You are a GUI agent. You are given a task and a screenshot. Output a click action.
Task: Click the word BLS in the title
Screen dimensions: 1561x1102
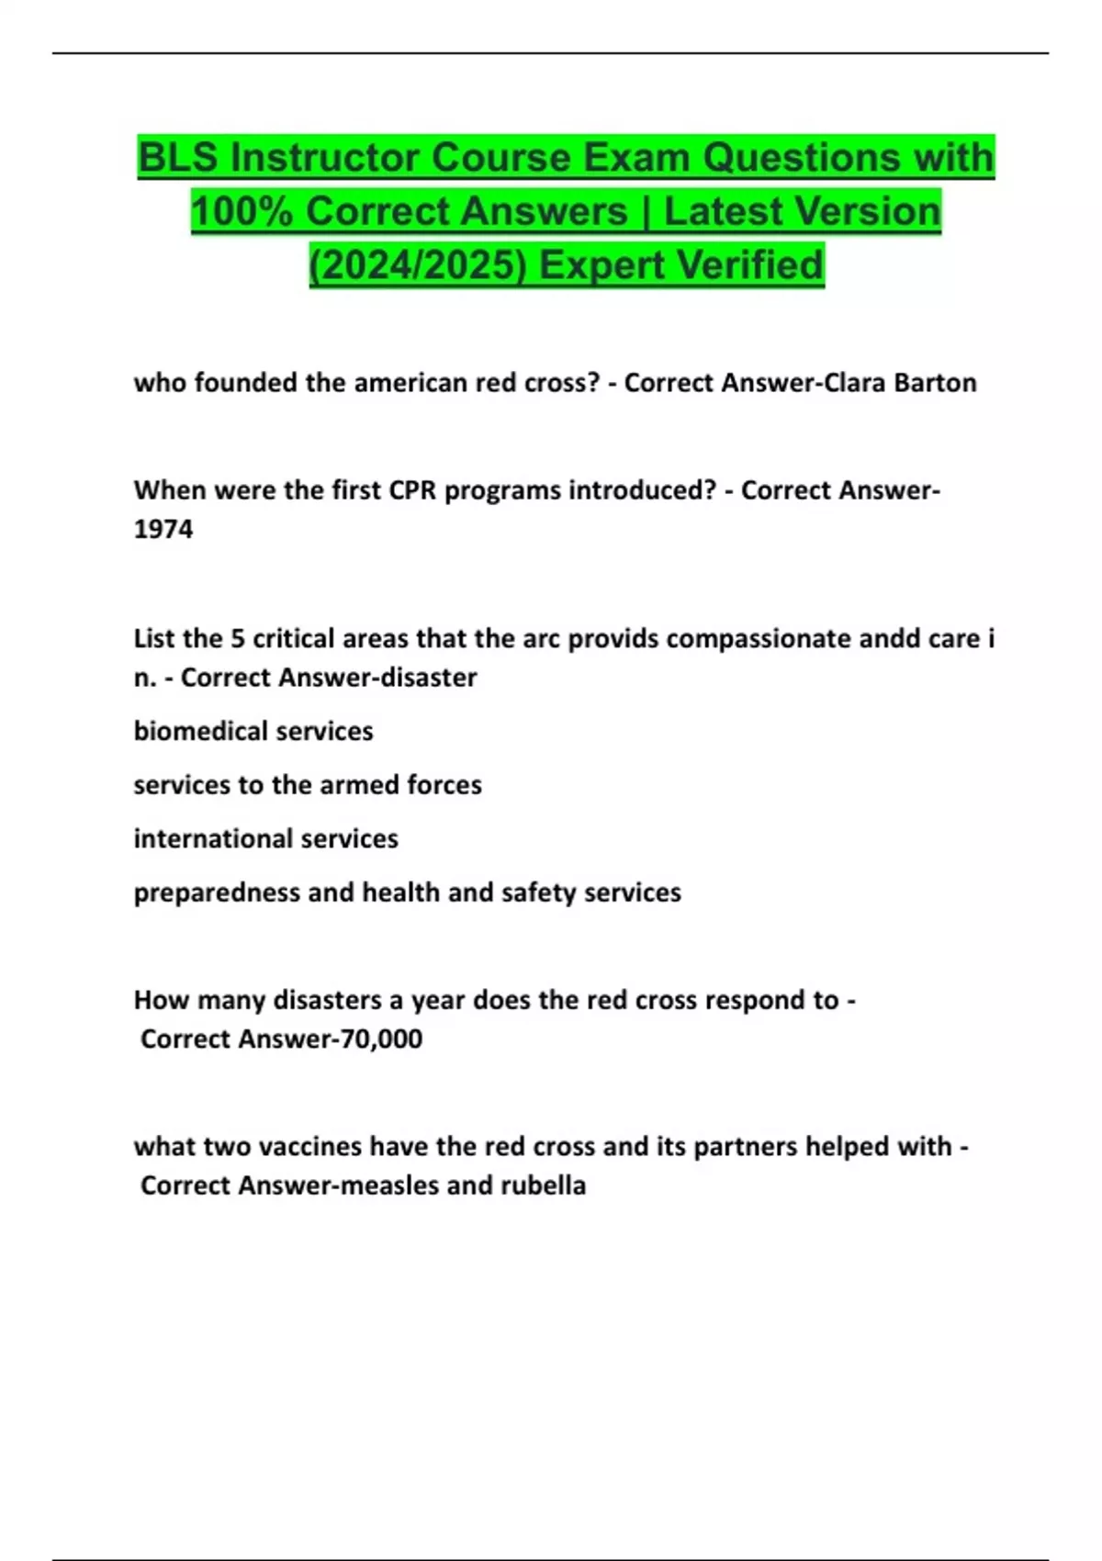(177, 158)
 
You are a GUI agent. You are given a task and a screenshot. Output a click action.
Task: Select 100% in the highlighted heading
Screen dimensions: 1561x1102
(241, 211)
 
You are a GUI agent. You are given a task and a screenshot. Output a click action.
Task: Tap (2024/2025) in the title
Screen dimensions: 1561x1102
(417, 265)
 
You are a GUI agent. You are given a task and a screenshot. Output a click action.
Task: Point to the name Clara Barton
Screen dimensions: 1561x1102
(900, 383)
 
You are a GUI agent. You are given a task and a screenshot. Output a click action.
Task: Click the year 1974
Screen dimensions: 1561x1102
(163, 530)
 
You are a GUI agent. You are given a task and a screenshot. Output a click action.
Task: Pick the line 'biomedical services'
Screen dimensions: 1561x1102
(253, 731)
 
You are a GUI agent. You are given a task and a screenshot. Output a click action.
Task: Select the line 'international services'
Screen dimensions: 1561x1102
(265, 838)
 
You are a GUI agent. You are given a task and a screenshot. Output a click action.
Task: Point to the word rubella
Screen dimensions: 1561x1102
(543, 1185)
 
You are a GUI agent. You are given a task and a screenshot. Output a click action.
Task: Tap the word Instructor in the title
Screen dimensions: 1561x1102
(325, 158)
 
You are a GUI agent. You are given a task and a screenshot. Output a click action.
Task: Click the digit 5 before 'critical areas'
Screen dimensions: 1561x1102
(238, 638)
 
